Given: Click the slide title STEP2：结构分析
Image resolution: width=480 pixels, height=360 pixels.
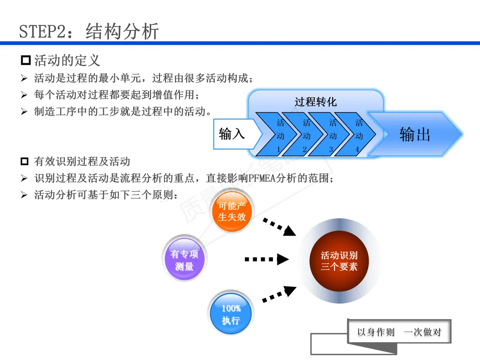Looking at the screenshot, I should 89,32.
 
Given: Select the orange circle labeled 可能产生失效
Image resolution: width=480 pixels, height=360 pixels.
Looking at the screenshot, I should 232,211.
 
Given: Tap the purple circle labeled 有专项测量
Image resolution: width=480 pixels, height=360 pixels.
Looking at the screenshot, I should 184,260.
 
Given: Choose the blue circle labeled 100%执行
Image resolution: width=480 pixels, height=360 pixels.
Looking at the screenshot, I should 231,314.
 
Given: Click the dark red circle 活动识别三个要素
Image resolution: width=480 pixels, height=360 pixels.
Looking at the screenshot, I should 339,261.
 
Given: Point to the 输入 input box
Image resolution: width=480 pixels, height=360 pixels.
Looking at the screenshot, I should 232,133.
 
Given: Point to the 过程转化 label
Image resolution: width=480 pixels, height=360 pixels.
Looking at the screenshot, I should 316,102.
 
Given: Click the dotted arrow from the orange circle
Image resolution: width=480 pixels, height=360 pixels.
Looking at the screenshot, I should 279,226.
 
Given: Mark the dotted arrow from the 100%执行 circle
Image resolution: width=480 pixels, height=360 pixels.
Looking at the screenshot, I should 279,295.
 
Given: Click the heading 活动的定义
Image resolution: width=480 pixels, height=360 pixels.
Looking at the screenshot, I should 67,60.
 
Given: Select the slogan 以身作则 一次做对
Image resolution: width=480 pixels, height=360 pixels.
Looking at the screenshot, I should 399,332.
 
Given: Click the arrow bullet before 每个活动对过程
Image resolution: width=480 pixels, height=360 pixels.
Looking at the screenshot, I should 24,95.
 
